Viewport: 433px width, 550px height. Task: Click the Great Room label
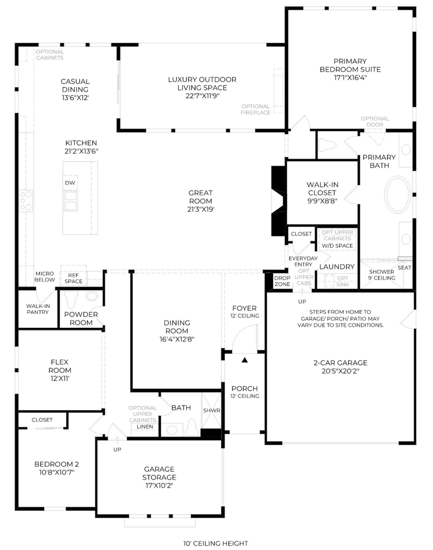201,197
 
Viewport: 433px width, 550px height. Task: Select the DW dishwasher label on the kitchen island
70,183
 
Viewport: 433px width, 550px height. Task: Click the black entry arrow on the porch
245,360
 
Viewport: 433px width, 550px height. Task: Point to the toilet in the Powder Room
71,299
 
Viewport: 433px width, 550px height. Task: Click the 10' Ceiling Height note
216,543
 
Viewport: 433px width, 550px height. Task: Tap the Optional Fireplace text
255,109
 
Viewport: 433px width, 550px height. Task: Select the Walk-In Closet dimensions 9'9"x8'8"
322,201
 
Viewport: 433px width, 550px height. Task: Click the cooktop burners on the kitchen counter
26,201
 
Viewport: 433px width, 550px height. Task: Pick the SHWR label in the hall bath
211,410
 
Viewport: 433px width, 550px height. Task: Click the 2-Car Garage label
340,363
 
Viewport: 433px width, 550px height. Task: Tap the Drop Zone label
282,281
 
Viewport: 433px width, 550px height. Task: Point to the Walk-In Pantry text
38,309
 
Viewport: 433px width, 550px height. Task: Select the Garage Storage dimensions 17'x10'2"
159,486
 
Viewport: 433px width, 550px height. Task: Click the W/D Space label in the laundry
337,246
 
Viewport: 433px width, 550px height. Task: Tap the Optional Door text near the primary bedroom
375,122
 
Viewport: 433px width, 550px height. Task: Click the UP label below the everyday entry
302,302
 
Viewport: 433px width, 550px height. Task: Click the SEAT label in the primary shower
404,268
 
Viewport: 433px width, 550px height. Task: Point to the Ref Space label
73,278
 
